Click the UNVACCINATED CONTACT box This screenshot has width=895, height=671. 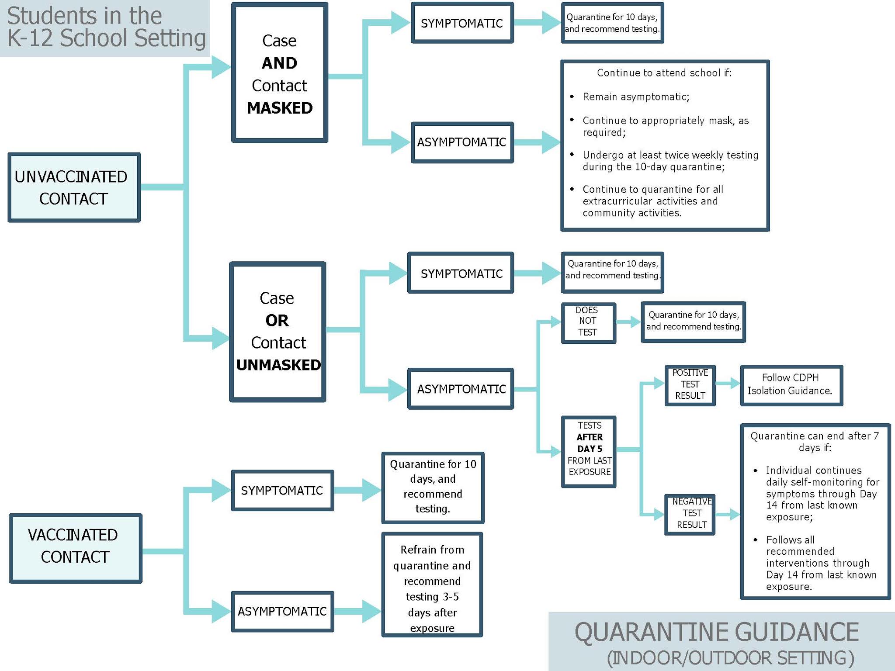pos(74,187)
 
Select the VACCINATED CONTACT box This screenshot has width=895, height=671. pos(76,548)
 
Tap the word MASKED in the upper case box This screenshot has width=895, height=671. pos(280,108)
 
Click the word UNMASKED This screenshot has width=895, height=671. pos(278,365)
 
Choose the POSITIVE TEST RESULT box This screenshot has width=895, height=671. pos(690,384)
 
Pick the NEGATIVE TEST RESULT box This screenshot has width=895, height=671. pos(690,513)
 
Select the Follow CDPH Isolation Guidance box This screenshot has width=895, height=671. pos(791,384)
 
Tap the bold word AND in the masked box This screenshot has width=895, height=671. pos(280,63)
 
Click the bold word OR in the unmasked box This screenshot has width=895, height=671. pos(277,321)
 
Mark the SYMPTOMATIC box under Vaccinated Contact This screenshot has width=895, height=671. pos(282,491)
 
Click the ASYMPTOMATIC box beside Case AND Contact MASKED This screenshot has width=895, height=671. pos(462,142)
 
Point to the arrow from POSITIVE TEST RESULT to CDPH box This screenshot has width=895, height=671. pos(728,384)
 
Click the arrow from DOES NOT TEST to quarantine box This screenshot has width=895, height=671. pos(628,322)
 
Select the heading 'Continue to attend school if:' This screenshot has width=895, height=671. pos(664,73)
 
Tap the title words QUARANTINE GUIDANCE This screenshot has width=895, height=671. pos(717,632)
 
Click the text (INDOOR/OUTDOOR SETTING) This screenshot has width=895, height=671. pos(730,658)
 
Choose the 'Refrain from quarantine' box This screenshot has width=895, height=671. pos(432,585)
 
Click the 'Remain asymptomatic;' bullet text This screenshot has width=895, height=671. pos(636,97)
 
